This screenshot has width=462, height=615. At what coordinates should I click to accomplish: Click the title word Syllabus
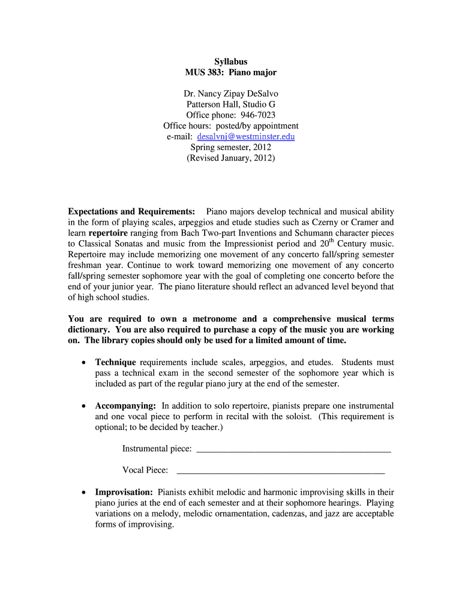pyautogui.click(x=231, y=61)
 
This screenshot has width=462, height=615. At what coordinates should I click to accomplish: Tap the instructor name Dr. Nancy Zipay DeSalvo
pyautogui.click(x=231, y=94)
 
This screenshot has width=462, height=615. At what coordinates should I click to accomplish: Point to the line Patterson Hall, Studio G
pyautogui.click(x=231, y=105)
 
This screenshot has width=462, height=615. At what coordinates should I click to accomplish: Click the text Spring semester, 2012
pyautogui.click(x=231, y=147)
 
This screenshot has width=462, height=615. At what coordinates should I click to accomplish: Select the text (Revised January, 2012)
pyautogui.click(x=231, y=158)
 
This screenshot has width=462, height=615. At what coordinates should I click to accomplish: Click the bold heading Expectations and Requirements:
pyautogui.click(x=131, y=211)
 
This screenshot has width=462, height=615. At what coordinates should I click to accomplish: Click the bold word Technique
pyautogui.click(x=116, y=362)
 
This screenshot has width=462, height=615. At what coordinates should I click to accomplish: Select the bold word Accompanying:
pyautogui.click(x=126, y=405)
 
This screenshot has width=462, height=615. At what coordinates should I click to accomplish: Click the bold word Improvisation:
pyautogui.click(x=124, y=492)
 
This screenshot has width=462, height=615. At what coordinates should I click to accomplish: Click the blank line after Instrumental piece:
pyautogui.click(x=293, y=449)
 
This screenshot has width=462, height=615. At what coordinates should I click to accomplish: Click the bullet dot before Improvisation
pyautogui.click(x=83, y=492)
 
